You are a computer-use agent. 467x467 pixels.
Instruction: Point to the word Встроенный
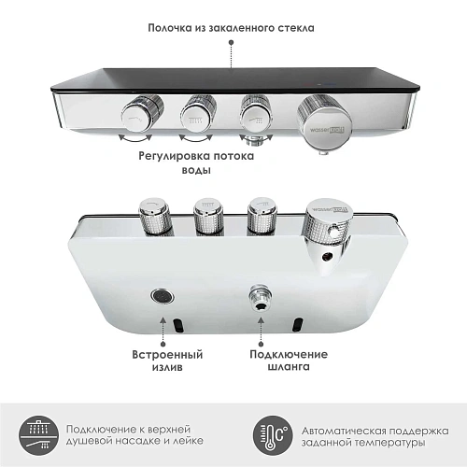tap(167, 354)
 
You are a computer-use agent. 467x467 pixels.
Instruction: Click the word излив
tap(167, 371)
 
